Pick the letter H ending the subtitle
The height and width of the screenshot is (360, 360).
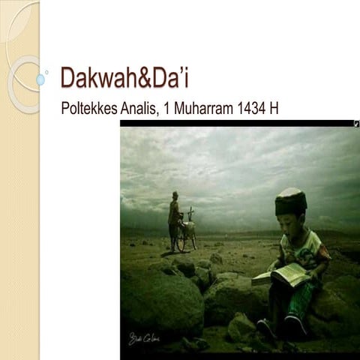pos(274,107)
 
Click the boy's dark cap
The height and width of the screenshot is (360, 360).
pos(291,201)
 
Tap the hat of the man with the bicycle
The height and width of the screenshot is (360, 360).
pos(175,194)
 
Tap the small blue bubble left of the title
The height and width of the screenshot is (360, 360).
pos(40,79)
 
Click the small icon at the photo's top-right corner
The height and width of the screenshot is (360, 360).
pos(355,124)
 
